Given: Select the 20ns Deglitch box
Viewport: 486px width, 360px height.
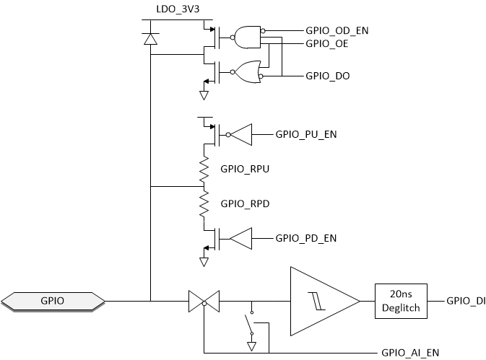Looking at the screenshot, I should (401, 299).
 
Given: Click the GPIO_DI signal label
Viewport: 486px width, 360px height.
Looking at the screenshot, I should (466, 299).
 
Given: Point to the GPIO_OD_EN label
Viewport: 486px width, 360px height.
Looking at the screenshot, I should (338, 30).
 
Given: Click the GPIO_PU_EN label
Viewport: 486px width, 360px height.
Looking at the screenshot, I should (307, 134).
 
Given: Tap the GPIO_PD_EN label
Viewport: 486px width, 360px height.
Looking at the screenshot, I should (307, 238).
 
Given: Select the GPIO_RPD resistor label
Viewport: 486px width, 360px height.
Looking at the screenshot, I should (244, 203).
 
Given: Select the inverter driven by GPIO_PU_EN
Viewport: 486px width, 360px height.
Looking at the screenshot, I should (240, 134).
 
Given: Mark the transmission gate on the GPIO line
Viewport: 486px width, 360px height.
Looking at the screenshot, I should (204, 299).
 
